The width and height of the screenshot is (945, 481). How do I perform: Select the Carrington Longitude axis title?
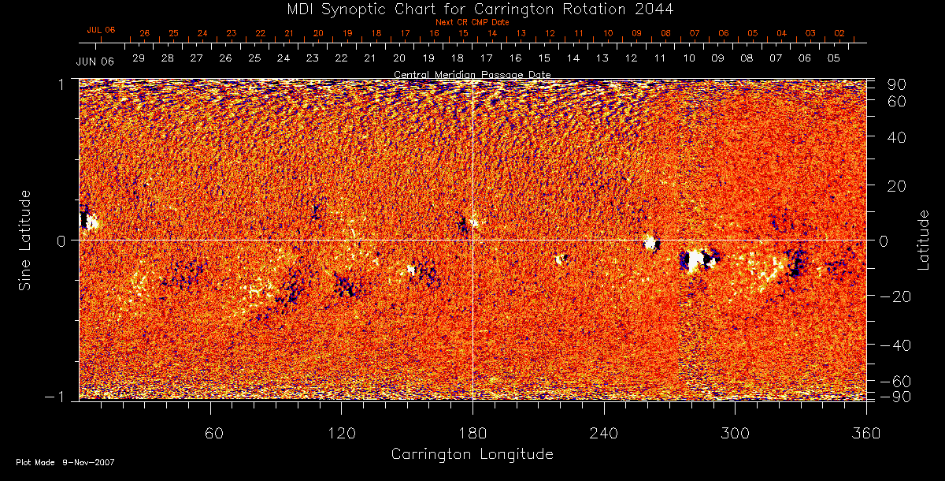click(472, 454)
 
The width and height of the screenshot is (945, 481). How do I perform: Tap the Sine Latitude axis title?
click(26, 240)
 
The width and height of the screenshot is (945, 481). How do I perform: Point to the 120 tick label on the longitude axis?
click(342, 433)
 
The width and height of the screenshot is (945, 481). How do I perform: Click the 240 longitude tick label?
click(604, 433)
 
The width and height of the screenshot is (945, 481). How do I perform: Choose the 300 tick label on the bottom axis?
click(735, 433)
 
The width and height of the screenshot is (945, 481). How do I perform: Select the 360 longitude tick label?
click(866, 433)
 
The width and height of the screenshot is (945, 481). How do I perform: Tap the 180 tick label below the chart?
click(472, 433)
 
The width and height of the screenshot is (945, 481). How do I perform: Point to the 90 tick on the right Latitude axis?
click(898, 84)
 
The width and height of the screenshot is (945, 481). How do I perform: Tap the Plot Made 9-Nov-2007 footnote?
click(65, 462)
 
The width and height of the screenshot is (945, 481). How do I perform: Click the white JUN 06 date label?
click(95, 61)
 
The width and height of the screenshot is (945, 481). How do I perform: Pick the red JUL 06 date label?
click(101, 30)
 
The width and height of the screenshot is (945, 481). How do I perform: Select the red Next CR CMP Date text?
click(472, 22)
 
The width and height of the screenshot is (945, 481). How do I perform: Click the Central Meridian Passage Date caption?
click(472, 74)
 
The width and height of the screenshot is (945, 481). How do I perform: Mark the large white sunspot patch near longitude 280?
click(694, 259)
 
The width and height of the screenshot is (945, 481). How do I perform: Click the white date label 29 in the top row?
click(139, 58)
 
